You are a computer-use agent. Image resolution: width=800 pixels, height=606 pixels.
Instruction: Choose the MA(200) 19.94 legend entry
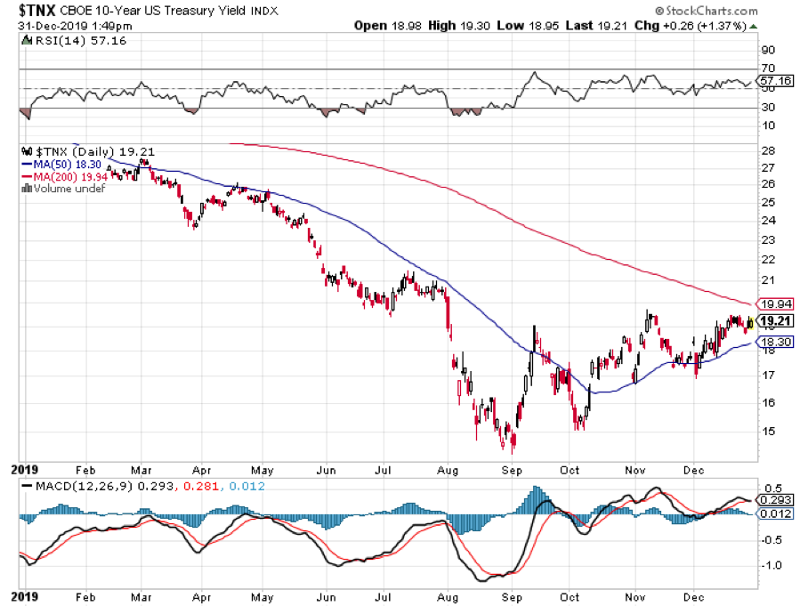point(61,176)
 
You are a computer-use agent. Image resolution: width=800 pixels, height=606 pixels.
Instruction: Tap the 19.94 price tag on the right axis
point(773,303)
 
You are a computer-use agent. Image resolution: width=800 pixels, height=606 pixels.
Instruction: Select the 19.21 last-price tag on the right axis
point(773,321)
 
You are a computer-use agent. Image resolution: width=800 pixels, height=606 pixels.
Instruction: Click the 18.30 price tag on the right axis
point(773,342)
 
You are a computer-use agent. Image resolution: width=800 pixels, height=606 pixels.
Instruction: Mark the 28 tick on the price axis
point(766,151)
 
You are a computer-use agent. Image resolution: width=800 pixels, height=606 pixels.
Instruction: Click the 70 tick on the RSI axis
point(766,69)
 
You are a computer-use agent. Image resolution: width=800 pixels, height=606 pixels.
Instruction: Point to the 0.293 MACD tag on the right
point(773,500)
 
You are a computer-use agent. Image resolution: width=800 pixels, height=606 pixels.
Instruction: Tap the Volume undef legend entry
point(62,188)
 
